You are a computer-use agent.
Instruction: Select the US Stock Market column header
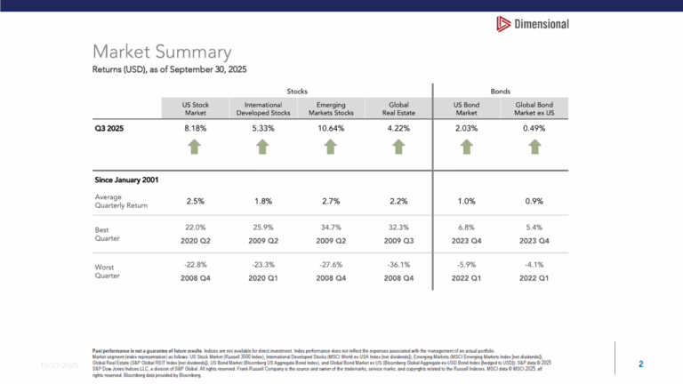pos(196,108)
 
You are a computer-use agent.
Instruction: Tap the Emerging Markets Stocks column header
pos(325,108)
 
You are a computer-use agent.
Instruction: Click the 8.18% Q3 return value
pos(196,128)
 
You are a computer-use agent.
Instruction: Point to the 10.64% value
pos(325,128)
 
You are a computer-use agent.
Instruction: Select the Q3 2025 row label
pos(110,128)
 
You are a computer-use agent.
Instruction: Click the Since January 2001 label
pos(126,180)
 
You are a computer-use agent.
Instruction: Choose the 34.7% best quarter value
pos(325,228)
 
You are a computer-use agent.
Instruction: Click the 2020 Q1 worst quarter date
pos(261,278)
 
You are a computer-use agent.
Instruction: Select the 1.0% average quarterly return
pos(466,201)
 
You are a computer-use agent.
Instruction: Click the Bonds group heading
pos(501,91)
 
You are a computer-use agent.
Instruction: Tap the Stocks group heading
pos(293,91)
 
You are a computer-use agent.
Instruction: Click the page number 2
pos(640,364)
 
